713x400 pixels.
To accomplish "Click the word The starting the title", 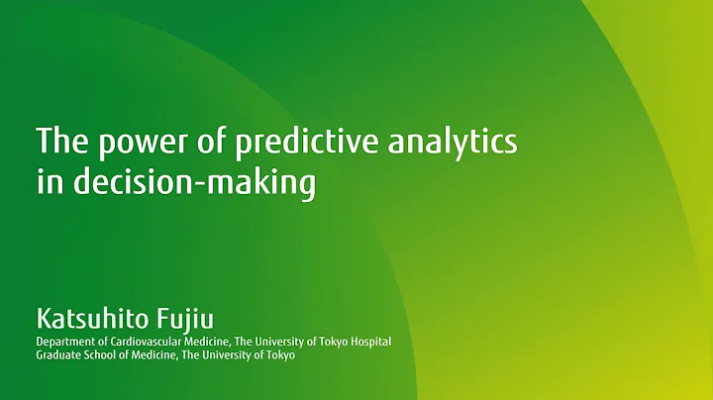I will pyautogui.click(x=59, y=143).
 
